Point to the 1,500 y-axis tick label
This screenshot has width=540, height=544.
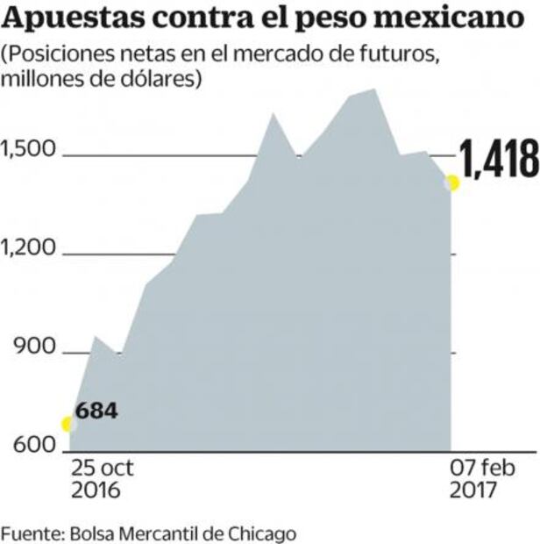click(27, 151)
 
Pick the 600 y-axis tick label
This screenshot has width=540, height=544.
click(32, 446)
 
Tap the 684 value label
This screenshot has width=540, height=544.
click(96, 411)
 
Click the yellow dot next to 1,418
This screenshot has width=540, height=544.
click(452, 183)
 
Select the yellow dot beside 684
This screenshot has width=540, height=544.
click(67, 424)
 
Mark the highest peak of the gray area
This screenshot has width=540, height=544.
click(374, 89)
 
